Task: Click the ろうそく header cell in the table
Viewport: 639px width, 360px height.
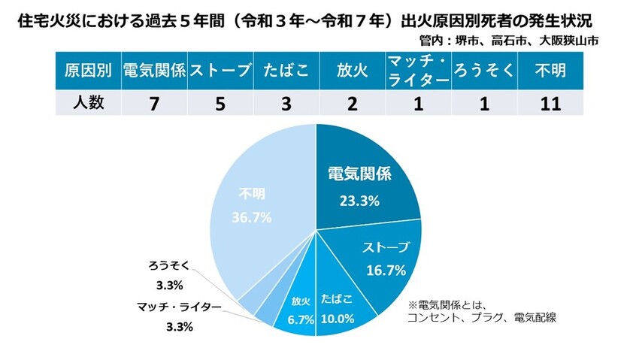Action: click(483, 71)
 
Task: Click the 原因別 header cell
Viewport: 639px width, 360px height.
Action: click(88, 71)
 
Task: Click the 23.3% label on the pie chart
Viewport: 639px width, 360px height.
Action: click(358, 201)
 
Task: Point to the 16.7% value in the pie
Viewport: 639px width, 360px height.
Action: click(387, 268)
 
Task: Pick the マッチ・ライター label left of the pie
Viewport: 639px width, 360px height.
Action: click(180, 307)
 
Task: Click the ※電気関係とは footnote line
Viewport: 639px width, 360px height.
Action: click(448, 305)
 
